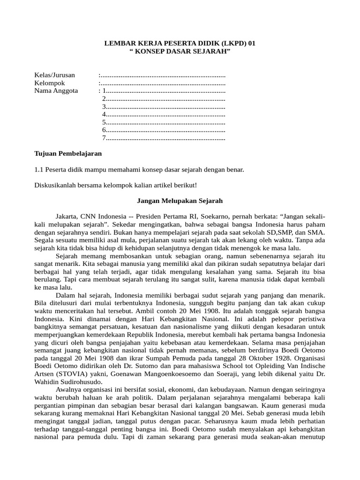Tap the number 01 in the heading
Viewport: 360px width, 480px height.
(x=252, y=43)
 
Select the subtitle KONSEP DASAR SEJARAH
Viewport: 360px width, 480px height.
(x=180, y=51)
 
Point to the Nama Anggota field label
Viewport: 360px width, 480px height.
(x=56, y=91)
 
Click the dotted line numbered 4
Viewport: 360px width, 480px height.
(x=164, y=114)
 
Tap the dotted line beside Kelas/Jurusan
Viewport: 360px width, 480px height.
(x=162, y=75)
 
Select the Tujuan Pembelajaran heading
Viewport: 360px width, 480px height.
(x=68, y=153)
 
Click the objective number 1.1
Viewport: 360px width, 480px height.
(x=39, y=169)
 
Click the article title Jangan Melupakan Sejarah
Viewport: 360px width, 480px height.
(x=180, y=201)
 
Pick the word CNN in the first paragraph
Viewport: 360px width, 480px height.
(x=89, y=217)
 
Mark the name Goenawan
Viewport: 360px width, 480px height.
(x=118, y=366)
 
